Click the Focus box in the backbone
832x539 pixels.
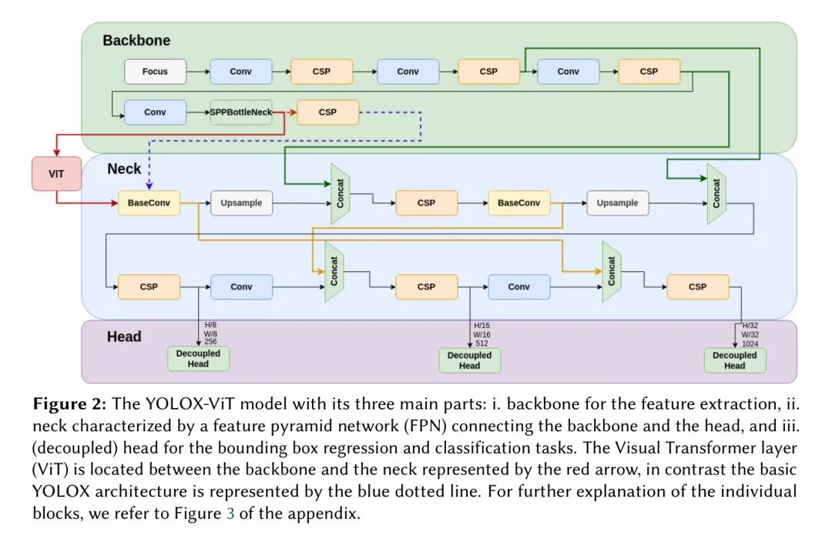(155, 72)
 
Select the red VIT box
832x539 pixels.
(56, 173)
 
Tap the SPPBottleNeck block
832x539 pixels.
(241, 112)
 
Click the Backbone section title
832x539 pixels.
(136, 40)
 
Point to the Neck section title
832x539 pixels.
(124, 169)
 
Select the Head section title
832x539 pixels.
(124, 336)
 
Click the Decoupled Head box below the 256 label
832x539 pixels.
(199, 359)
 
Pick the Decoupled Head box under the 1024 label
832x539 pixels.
(735, 360)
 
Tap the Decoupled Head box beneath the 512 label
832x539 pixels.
(470, 360)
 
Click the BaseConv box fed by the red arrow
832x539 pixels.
(149, 203)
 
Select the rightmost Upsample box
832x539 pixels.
(618, 203)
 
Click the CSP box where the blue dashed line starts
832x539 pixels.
(328, 112)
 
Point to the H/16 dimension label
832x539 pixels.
(481, 325)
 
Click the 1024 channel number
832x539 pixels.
(750, 343)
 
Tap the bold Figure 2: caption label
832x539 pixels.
(69, 403)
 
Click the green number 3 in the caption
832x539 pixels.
(230, 514)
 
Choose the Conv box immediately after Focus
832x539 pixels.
(241, 72)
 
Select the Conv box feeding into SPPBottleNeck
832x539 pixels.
(155, 112)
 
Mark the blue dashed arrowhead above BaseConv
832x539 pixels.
(149, 186)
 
